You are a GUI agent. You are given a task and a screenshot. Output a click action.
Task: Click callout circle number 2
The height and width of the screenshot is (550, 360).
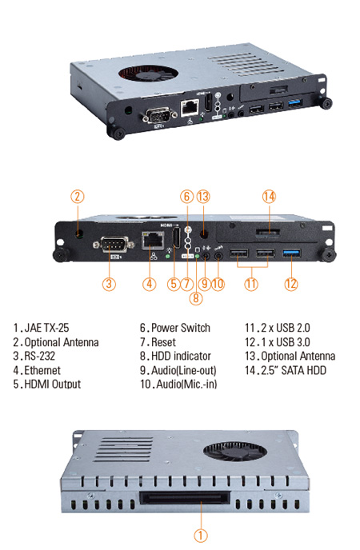(x=77, y=196)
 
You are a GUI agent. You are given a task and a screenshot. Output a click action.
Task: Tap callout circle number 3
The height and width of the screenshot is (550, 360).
(x=110, y=282)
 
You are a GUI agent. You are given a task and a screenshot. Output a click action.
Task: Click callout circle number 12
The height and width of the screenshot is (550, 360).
(x=290, y=282)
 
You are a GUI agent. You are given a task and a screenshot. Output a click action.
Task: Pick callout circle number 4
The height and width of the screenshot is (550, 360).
(x=149, y=282)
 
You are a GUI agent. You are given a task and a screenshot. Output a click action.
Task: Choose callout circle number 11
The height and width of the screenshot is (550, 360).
(x=251, y=282)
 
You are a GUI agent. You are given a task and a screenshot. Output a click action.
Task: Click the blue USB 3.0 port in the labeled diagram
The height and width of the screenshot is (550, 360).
(x=289, y=253)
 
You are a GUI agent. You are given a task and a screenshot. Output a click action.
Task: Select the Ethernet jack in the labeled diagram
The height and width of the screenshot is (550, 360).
(x=150, y=240)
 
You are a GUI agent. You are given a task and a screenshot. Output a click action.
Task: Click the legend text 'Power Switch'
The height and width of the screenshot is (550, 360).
(x=179, y=328)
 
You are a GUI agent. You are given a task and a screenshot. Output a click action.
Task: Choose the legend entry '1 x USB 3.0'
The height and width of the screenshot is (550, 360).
(x=282, y=342)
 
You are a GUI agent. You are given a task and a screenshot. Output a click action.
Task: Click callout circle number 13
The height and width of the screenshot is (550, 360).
(x=202, y=196)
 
